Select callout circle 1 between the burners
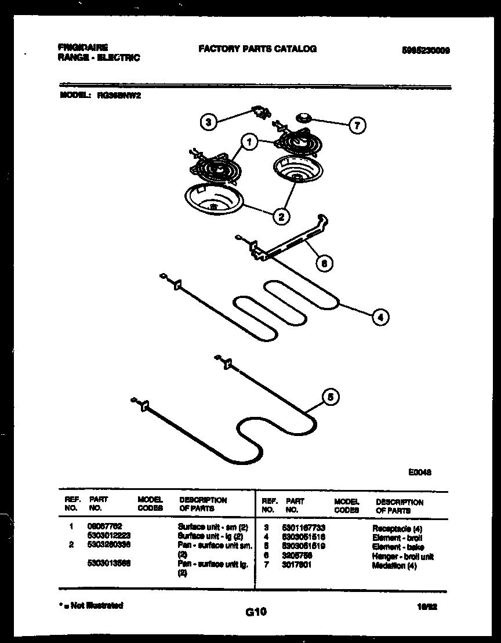[249, 141]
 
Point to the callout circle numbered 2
[281, 217]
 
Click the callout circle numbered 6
[325, 263]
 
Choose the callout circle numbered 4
[380, 317]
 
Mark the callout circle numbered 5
[331, 397]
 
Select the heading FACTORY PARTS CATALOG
[257, 49]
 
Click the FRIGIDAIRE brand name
[83, 47]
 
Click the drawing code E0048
[420, 472]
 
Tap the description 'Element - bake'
[398, 547]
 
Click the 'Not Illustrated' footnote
[92, 606]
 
